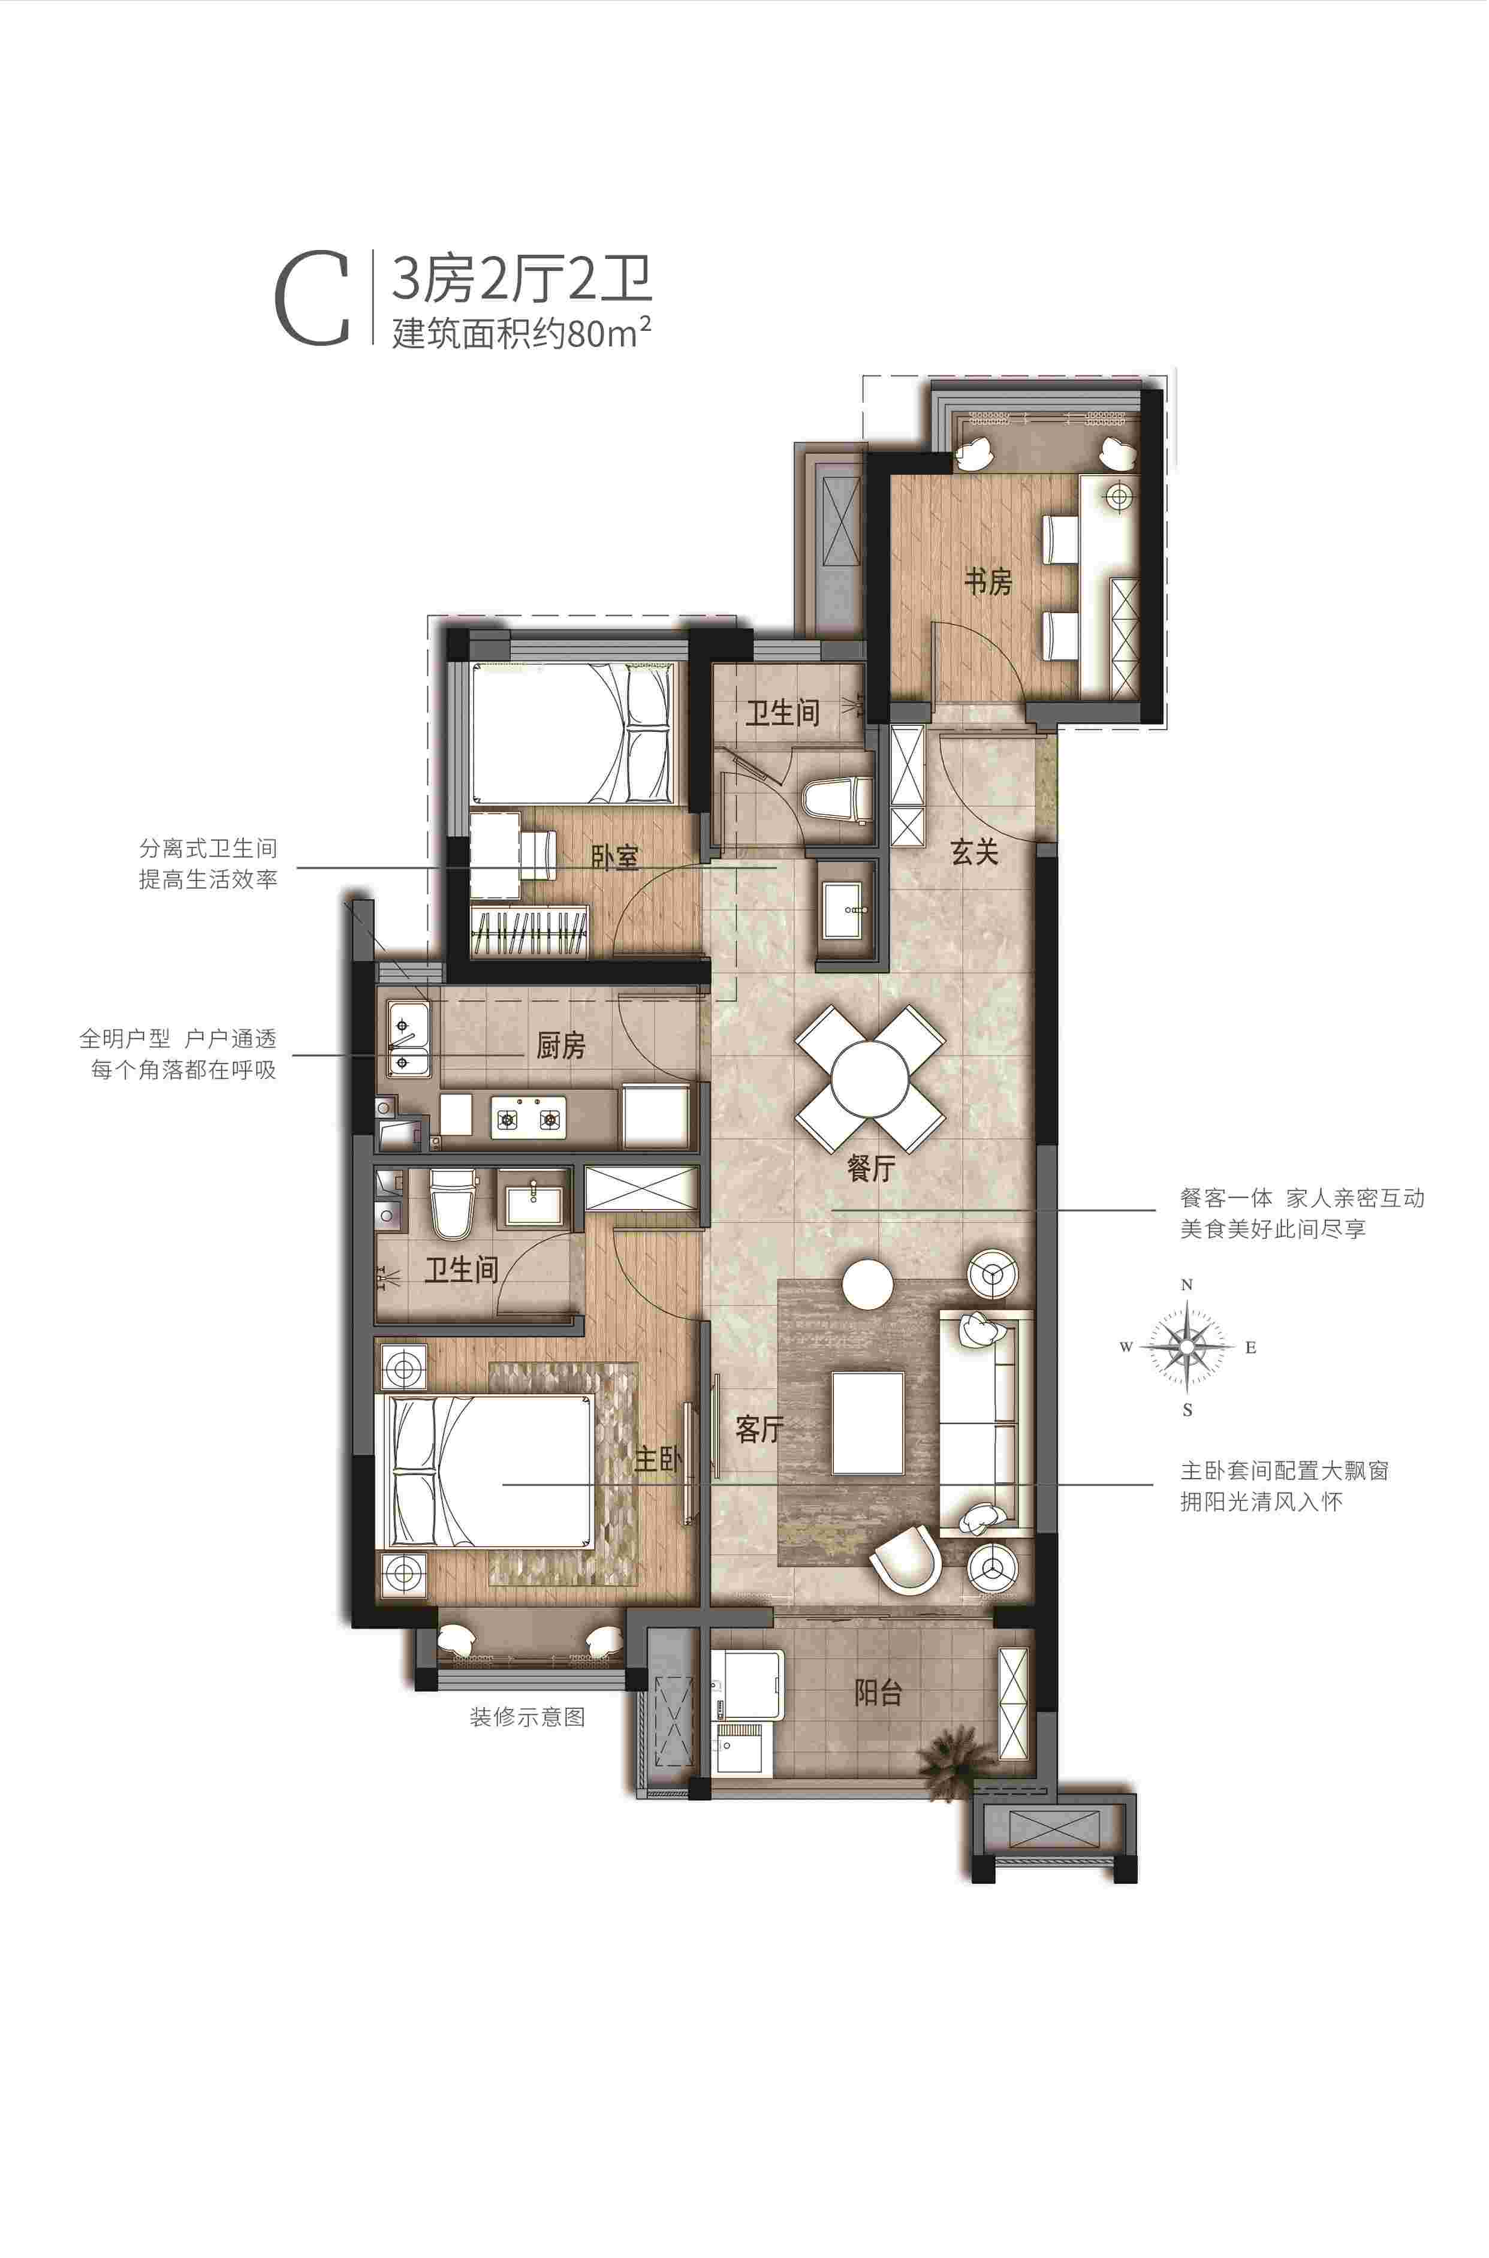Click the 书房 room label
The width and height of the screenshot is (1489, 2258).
(x=988, y=581)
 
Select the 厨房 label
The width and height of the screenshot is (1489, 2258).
(x=561, y=1045)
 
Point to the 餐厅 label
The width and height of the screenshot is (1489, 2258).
(x=871, y=1167)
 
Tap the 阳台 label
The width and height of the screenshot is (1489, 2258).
(x=878, y=1691)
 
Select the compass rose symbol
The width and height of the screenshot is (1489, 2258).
(x=1187, y=1346)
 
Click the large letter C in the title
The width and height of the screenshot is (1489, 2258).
(x=312, y=298)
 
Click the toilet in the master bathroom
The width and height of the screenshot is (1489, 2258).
(x=451, y=1205)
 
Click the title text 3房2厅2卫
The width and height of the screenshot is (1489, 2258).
(x=522, y=279)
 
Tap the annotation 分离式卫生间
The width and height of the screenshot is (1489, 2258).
(x=208, y=848)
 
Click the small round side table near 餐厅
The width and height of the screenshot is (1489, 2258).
(x=868, y=1284)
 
